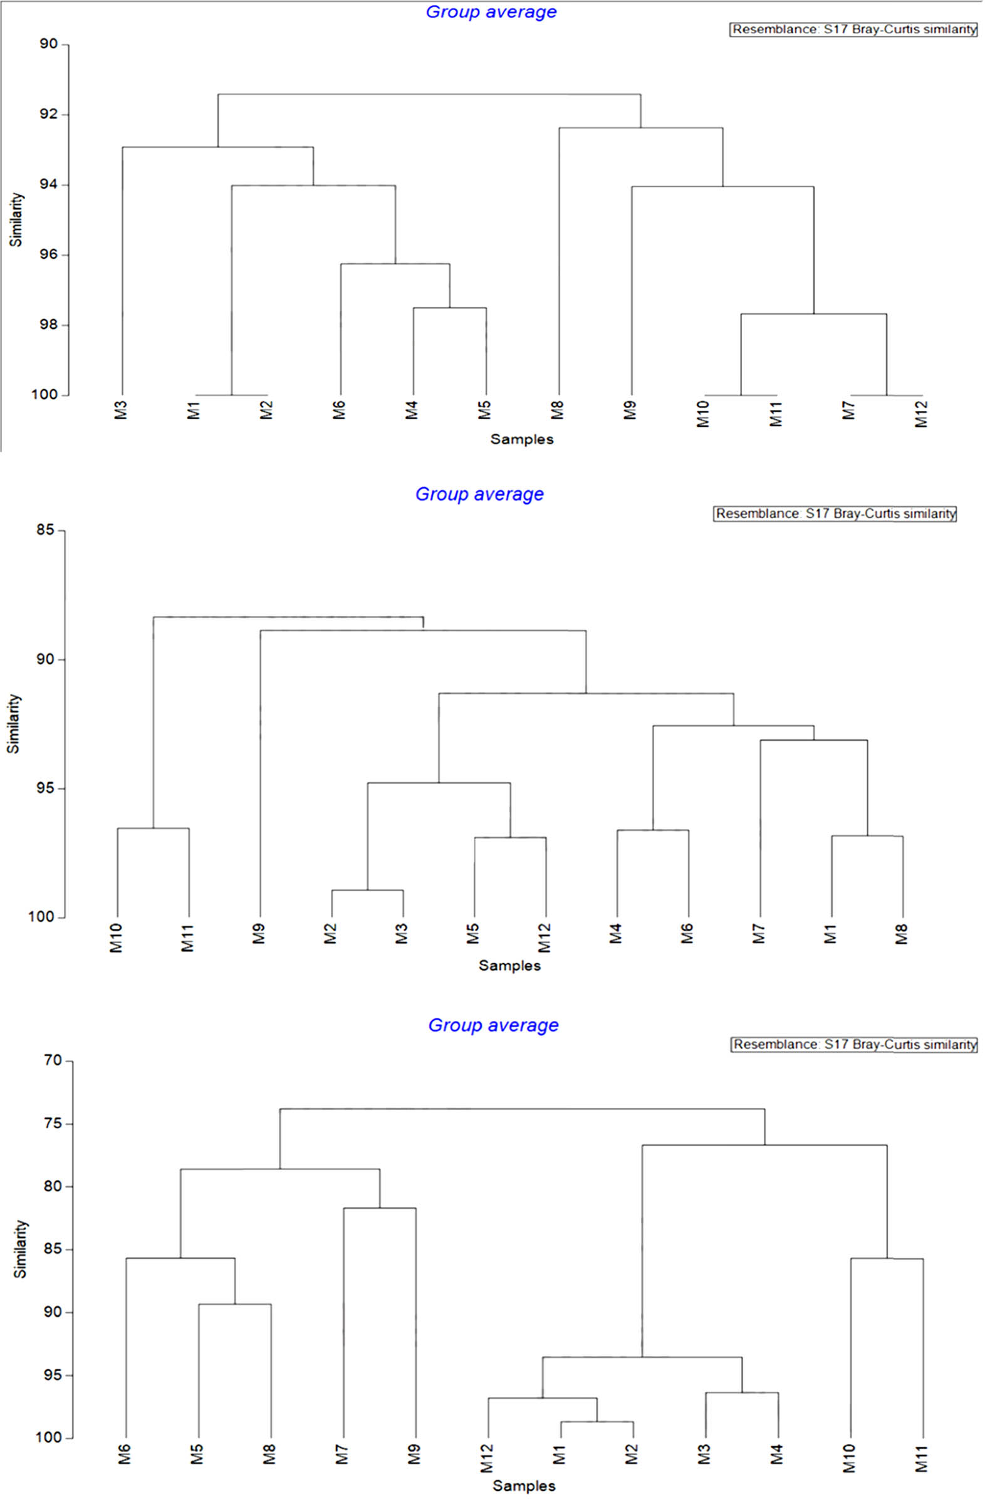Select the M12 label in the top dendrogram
click(x=922, y=414)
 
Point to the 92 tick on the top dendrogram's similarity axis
click(x=48, y=115)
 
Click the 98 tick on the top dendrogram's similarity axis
click(x=48, y=325)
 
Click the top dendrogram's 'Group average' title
click(x=491, y=12)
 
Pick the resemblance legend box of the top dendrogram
click(x=853, y=29)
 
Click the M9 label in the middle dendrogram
click(x=258, y=934)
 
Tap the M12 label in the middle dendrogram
click(x=545, y=937)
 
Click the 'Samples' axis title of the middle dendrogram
click(x=509, y=966)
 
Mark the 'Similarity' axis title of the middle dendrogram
click(x=14, y=724)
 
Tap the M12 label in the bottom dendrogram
click(x=487, y=1458)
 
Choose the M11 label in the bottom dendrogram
click(x=922, y=1458)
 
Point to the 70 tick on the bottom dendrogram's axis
click(x=54, y=1062)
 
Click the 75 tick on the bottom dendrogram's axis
click(x=54, y=1124)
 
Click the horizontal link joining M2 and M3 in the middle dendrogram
click(x=368, y=890)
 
